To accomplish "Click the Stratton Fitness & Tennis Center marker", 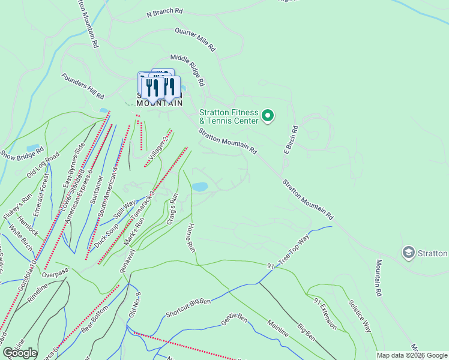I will point(268,115).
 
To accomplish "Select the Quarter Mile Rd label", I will point(196,38).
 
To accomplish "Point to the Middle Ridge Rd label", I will point(188,70).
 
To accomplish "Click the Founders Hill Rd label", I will point(83,86).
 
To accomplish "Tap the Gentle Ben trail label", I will point(234,319).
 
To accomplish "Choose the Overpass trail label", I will point(55,273).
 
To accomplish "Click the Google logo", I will point(20,353).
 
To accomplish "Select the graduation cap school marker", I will point(409,253).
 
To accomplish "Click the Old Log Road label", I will point(44,165).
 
